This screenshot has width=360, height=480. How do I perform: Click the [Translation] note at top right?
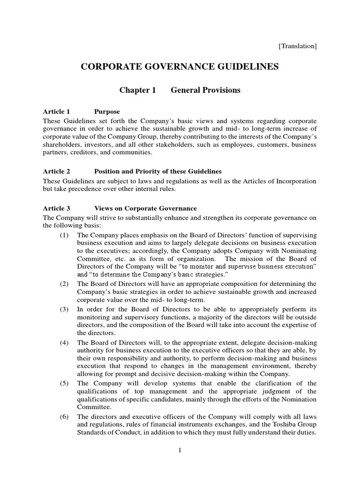tap(298, 46)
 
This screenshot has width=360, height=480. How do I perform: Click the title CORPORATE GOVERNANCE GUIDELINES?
tap(180, 67)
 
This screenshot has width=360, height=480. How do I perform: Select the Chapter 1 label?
tap(137, 90)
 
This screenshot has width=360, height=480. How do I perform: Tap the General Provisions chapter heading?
tap(205, 90)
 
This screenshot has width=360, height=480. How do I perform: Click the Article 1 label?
tap(56, 112)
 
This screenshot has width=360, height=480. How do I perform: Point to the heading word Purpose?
tap(107, 112)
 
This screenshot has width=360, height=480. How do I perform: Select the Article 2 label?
tap(56, 171)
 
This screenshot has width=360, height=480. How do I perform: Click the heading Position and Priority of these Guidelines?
tap(158, 171)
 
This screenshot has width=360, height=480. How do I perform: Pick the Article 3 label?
tap(56, 208)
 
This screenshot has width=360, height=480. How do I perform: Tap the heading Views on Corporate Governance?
tap(145, 208)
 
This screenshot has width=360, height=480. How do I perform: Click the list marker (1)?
tap(65, 234)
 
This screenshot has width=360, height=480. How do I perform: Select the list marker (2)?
tap(65, 284)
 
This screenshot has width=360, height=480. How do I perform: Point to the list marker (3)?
tap(65, 309)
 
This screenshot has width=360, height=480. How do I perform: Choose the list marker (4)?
tap(65, 343)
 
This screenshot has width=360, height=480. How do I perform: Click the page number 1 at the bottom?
tap(180, 450)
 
